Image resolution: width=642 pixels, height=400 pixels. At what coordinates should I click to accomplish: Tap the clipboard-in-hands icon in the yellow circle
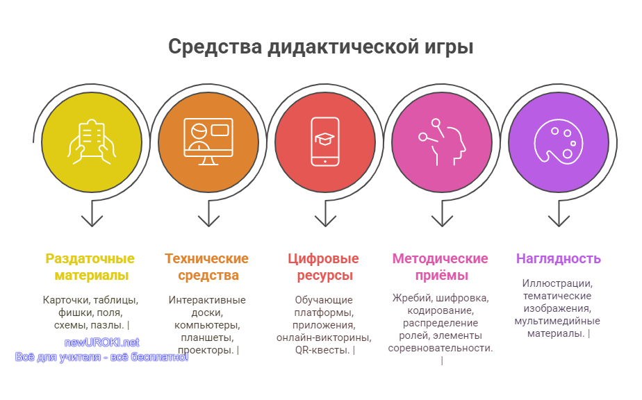[x=92, y=142]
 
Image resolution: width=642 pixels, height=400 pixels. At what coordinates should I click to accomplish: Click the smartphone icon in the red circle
[x=325, y=142]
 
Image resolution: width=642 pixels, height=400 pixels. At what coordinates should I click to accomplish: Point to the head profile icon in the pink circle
[x=442, y=142]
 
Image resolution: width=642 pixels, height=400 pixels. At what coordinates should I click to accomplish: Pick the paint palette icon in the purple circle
[x=559, y=142]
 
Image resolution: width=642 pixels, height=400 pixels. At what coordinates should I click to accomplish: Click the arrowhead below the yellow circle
[x=92, y=221]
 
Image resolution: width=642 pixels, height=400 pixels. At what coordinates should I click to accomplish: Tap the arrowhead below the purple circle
[x=559, y=221]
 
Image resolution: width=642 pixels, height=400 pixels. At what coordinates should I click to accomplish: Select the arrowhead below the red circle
[x=325, y=221]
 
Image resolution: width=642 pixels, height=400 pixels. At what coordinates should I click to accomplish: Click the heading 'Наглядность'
[x=559, y=259]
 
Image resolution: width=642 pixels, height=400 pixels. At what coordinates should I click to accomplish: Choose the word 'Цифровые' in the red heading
[x=323, y=259]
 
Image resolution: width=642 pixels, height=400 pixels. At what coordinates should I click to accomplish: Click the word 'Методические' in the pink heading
[x=440, y=259]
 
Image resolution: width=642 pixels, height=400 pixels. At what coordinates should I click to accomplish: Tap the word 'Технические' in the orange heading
[x=207, y=259]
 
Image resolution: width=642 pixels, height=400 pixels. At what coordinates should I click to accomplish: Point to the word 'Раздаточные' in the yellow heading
[x=90, y=259]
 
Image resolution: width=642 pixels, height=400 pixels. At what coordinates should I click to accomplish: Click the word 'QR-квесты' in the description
[x=322, y=350]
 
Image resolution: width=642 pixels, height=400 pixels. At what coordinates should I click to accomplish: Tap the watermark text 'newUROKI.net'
[x=102, y=342]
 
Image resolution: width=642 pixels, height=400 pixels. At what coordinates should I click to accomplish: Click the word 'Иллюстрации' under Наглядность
[x=557, y=283]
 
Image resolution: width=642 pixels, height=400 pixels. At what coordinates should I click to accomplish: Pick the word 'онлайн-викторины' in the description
[x=324, y=337]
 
